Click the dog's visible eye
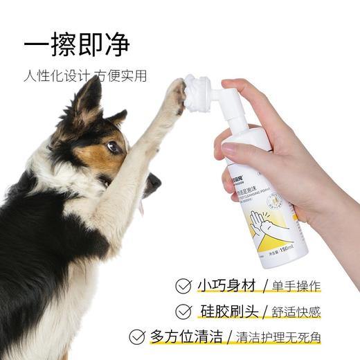pos(114,147)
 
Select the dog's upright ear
pos(89,97)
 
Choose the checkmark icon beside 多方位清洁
pos(138,337)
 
